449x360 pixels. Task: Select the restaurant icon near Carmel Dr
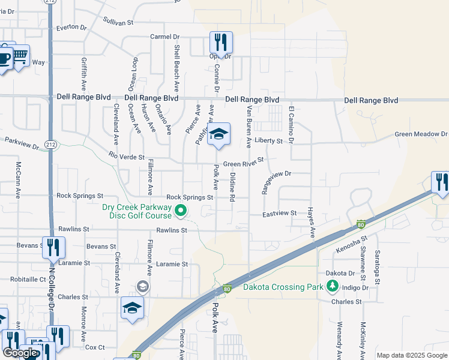pos(220,43)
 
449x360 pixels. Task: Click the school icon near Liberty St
pos(218,135)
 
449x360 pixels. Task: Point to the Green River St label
pos(243,164)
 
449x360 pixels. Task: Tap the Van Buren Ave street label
pos(249,127)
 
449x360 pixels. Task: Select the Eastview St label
pos(280,213)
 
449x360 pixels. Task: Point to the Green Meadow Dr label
pos(421,134)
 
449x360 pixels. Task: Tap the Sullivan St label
pos(117,22)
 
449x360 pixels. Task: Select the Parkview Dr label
pos(21,143)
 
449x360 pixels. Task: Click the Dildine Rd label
pos(232,187)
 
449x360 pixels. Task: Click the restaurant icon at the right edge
pos(441,182)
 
